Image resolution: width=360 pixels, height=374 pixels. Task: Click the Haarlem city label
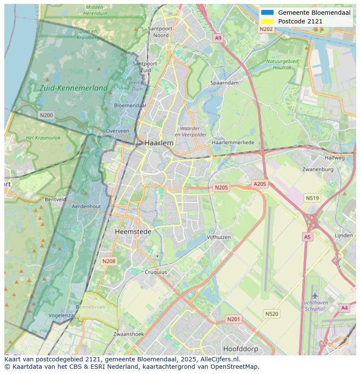(x=159, y=143)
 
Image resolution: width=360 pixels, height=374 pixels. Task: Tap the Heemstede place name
(x=133, y=232)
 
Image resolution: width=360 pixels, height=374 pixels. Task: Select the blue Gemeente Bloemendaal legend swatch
(x=267, y=13)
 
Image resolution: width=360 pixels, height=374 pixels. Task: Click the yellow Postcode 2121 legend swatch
(x=267, y=21)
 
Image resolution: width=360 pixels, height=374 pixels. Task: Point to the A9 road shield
(x=218, y=38)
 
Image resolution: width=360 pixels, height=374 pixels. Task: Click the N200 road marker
(x=46, y=115)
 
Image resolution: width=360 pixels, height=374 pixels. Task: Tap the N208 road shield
(x=108, y=261)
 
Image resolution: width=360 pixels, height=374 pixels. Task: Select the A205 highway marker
(x=260, y=184)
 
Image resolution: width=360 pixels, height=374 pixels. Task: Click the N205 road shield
(x=221, y=188)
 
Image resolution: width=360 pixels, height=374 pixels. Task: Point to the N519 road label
(x=312, y=198)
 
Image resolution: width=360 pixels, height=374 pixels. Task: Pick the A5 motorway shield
(x=307, y=237)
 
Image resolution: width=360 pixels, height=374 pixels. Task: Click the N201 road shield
(x=233, y=319)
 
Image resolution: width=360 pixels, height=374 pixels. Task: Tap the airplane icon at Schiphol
(x=315, y=296)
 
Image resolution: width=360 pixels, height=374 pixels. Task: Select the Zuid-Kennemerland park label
(x=73, y=88)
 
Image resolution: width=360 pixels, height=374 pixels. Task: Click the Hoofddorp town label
(x=240, y=349)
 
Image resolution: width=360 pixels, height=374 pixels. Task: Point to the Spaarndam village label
(x=224, y=83)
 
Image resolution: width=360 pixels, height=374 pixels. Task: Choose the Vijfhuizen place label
(x=219, y=237)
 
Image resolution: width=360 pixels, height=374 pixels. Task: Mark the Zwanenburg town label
(x=318, y=169)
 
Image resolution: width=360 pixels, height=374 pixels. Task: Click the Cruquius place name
(x=155, y=272)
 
